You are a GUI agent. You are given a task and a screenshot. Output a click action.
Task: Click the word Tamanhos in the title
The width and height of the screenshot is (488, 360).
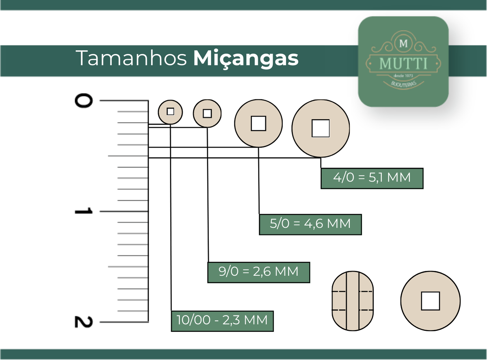pos(131,58)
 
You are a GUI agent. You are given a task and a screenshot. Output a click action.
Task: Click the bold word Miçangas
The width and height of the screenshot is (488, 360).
pos(246,59)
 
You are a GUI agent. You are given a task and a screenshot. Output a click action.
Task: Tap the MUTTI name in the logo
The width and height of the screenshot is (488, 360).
pos(403,64)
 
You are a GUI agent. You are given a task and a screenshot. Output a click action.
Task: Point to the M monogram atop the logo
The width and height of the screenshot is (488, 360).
pos(403,44)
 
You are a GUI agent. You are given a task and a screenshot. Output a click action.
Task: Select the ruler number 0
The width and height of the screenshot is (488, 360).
pos(84,101)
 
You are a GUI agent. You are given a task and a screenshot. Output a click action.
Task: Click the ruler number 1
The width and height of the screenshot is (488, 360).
pos(84,211)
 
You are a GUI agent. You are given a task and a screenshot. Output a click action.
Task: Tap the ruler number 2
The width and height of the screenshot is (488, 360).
pos(84,322)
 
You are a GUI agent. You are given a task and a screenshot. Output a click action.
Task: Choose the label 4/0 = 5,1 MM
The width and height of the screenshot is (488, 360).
pos(372,178)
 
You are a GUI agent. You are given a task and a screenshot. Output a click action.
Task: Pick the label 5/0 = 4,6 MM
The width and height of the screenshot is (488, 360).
pos(310,225)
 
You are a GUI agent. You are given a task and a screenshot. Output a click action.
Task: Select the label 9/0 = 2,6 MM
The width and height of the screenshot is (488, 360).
pos(259,273)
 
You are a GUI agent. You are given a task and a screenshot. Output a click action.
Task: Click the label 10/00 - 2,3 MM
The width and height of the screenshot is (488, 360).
pos(222,321)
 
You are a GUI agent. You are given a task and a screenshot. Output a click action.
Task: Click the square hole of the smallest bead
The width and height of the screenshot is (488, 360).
pos(170,112)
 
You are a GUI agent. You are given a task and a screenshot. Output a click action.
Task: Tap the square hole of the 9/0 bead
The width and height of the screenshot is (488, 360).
pos(207,114)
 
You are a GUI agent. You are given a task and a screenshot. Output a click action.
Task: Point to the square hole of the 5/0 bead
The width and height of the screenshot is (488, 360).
pos(258,123)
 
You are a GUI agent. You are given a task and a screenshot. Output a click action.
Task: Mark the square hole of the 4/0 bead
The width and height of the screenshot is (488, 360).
pos(321,128)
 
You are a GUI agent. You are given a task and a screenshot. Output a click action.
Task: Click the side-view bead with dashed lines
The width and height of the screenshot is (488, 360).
pos(353,301)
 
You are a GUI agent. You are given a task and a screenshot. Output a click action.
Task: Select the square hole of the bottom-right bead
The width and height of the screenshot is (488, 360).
pos(431,301)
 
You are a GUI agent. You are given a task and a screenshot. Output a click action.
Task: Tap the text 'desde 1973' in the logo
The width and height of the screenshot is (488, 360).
pos(403,76)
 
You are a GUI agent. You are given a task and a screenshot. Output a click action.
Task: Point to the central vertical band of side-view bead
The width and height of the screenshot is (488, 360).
pos(353,301)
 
